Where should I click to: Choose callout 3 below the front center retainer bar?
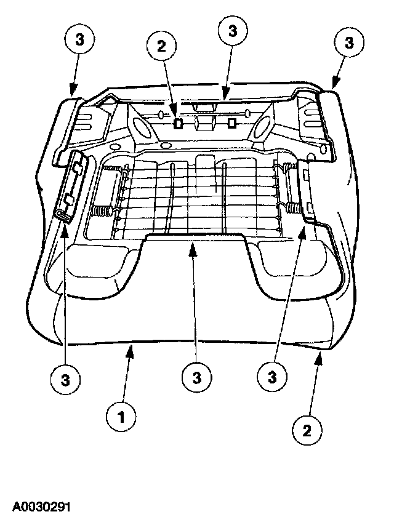pyautogui.click(x=195, y=375)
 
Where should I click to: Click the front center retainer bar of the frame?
pyautogui.click(x=195, y=238)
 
